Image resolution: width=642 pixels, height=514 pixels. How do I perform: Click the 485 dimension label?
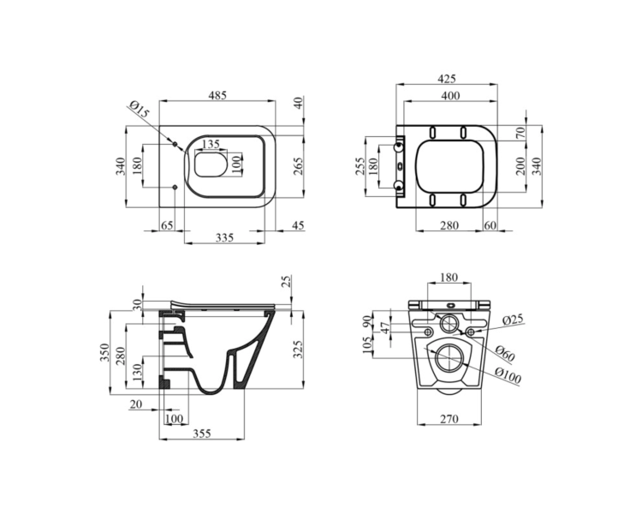(217, 95)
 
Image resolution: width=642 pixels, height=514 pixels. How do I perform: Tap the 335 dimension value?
(224, 237)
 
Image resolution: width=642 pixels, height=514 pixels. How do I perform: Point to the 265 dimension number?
(299, 166)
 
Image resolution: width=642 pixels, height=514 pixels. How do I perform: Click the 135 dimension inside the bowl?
(211, 144)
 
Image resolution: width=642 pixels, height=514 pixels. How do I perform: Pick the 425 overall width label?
(446, 78)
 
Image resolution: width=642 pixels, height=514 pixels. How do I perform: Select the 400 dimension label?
(450, 95)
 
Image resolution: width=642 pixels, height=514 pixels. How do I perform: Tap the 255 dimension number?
(360, 166)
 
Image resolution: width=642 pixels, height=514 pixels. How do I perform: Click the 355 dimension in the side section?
(202, 433)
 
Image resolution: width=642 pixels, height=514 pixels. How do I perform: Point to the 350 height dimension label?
(104, 352)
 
